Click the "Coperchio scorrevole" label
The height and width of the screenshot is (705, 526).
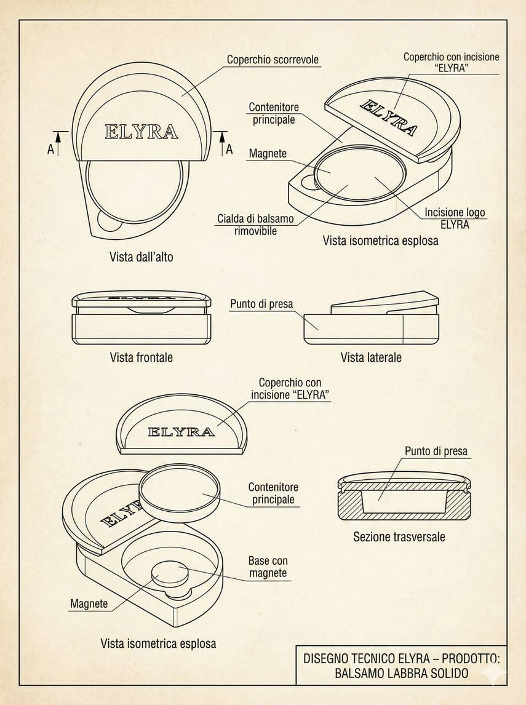click(x=273, y=60)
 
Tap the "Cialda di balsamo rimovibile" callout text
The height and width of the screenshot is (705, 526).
click(x=255, y=225)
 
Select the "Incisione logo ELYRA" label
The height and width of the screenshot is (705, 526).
click(x=455, y=218)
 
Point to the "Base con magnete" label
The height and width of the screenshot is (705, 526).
click(x=268, y=567)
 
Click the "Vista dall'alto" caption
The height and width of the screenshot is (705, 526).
click(x=141, y=257)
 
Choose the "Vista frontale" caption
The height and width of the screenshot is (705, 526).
click(x=141, y=357)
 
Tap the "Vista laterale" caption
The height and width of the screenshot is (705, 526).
click(x=371, y=357)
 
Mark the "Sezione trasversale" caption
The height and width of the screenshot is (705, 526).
click(x=399, y=537)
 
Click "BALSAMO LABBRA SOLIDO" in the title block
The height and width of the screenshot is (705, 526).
click(x=402, y=674)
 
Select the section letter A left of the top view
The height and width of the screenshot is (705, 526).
click(x=51, y=149)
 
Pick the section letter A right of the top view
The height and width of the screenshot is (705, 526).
click(x=229, y=149)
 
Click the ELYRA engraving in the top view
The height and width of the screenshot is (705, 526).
click(x=141, y=132)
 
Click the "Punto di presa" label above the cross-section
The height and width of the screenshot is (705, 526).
click(x=436, y=451)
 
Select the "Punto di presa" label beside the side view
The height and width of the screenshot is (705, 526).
click(x=261, y=304)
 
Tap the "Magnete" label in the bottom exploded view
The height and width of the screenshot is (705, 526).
click(x=89, y=603)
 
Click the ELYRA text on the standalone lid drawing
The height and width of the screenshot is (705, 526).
click(x=181, y=432)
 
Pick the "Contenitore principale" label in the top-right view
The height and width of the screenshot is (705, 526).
click(x=273, y=114)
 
